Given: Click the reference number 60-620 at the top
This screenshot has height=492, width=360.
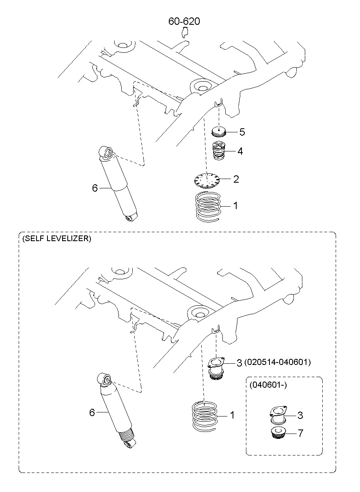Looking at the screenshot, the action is tap(184, 21).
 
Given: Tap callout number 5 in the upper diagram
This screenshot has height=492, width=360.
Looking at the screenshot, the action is tap(242, 132).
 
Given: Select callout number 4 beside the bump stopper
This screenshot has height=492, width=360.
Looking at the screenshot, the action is tap(240, 151).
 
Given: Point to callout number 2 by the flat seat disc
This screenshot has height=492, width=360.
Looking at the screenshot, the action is tap(236, 179).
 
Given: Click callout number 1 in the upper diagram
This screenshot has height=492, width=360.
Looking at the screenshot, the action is tap(235, 206).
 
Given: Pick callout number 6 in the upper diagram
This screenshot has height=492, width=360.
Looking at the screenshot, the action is tap(95, 188).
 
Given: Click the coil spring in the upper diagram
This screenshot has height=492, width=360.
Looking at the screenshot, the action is tap(208, 207).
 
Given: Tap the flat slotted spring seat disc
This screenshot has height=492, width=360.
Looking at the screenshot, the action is tap(207, 180).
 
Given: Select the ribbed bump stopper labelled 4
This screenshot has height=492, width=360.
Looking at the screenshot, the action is tap(219, 151).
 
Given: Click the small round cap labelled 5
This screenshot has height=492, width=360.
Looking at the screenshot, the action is tap(218, 132).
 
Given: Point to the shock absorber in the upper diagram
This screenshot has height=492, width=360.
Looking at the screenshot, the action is tap(118, 183).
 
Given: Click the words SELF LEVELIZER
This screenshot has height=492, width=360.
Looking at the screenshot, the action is tap(57, 239).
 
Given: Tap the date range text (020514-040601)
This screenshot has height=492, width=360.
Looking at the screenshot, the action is tap(278, 362).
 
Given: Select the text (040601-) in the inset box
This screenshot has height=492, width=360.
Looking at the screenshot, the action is tap(268, 384).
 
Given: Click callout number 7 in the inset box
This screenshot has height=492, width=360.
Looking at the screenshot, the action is tap(300, 433).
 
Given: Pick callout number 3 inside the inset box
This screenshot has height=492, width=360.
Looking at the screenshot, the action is tap(300, 415).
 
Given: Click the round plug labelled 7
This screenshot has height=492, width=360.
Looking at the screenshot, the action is tap(278, 433).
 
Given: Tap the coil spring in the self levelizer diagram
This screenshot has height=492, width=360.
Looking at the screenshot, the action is tap(205, 416).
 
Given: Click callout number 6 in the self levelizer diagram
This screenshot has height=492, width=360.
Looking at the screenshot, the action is tap(92, 412).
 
